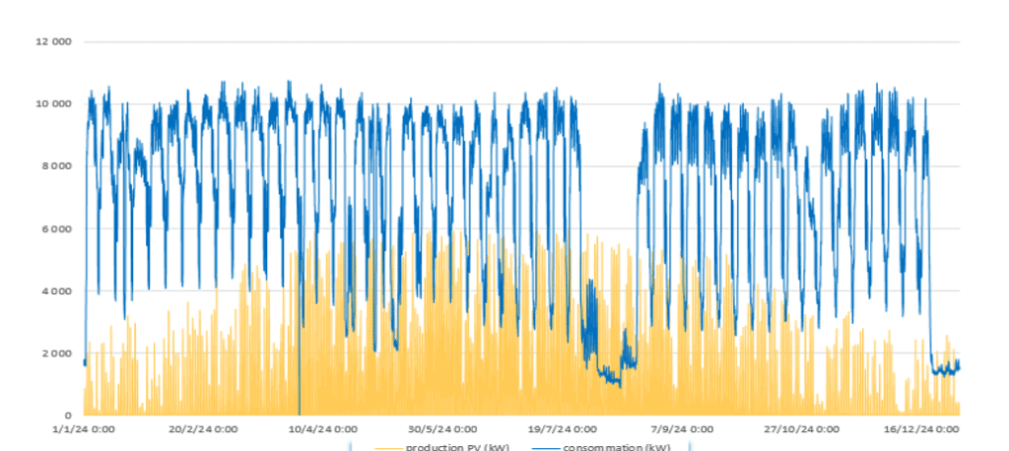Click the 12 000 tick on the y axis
[55, 41]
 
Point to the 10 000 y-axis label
[55, 103]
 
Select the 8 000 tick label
[58, 165]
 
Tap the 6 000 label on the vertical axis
[58, 228]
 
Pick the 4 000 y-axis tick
[58, 290]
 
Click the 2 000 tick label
[58, 353]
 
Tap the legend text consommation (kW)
[617, 448]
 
